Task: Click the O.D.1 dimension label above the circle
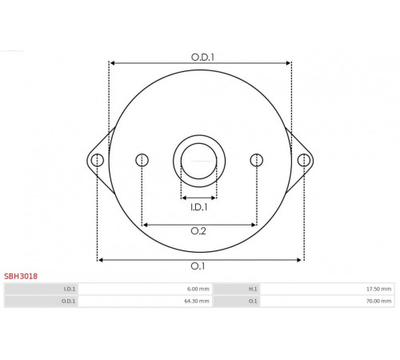pos(202,57)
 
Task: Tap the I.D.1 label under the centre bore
pos(199,207)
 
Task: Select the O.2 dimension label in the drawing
pos(198,231)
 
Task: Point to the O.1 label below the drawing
pos(198,266)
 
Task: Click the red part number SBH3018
pos(21,276)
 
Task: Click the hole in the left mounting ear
pos(98,160)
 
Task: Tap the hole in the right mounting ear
pos(304,160)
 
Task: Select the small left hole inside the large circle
pos(142,160)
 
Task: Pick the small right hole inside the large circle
pos(257,160)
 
